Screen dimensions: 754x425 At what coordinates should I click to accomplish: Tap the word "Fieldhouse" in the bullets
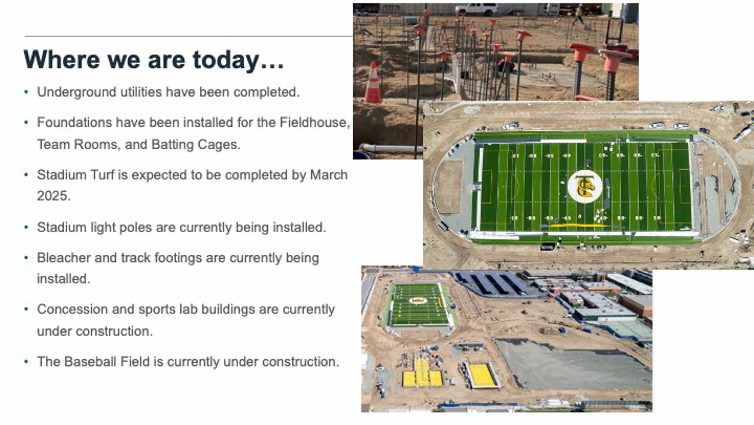(x=315, y=122)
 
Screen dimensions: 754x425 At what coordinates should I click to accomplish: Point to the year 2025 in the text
(x=53, y=196)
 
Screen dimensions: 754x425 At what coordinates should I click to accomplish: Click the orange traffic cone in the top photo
(x=373, y=82)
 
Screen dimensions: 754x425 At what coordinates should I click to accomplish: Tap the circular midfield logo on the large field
(x=585, y=187)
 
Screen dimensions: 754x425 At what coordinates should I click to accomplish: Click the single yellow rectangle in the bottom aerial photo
(x=482, y=376)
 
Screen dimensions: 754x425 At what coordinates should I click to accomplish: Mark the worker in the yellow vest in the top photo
(x=578, y=15)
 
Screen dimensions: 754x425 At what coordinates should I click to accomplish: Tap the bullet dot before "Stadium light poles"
(x=26, y=227)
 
